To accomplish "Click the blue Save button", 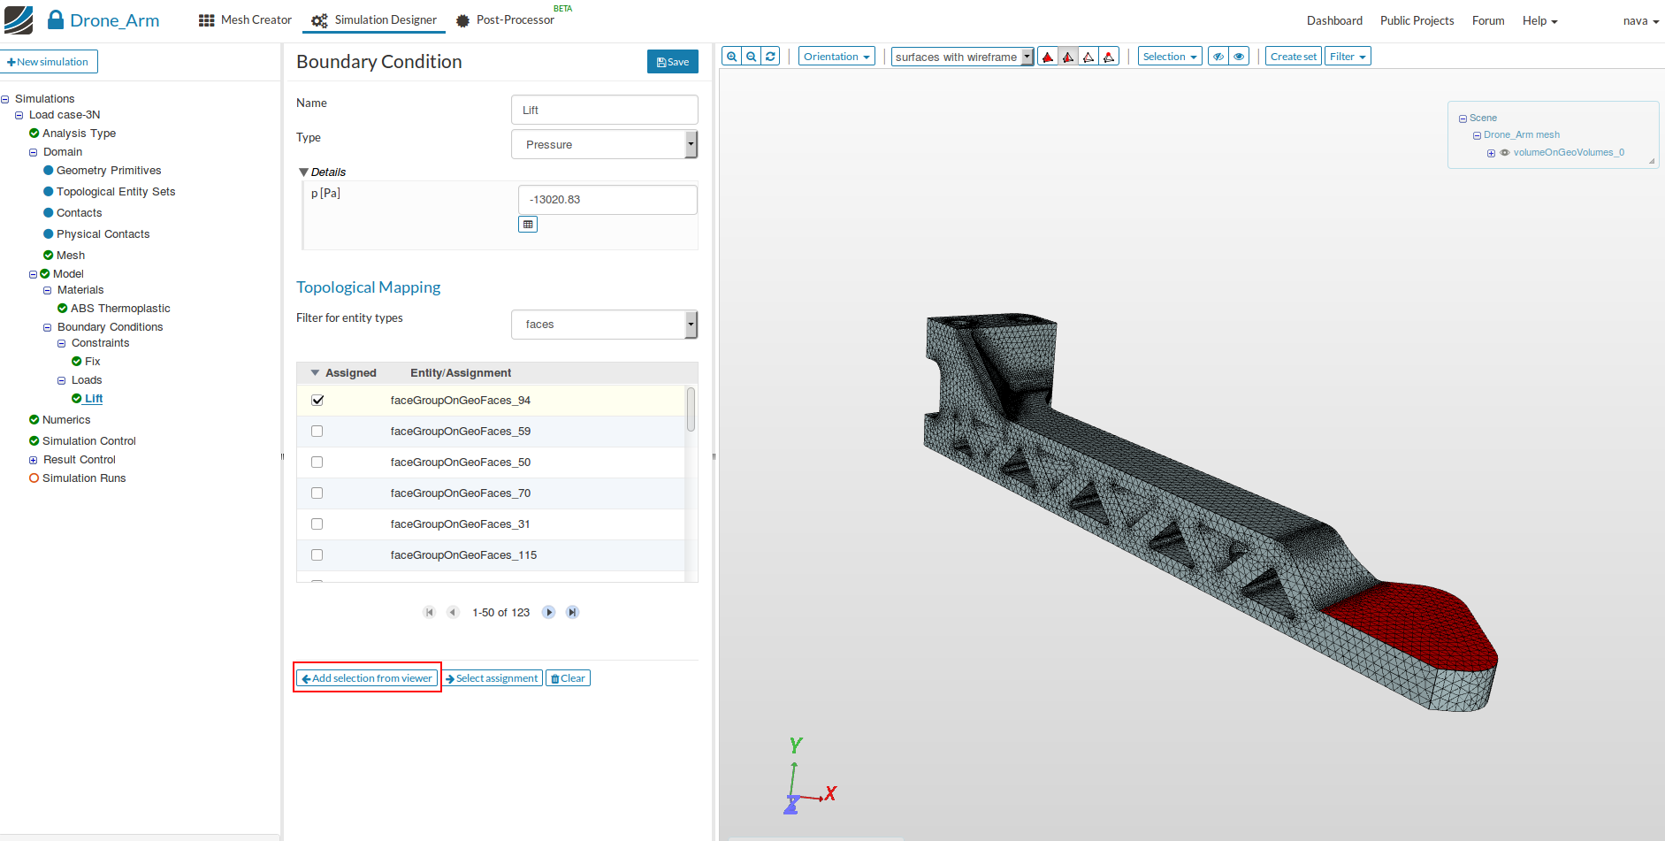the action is (673, 62).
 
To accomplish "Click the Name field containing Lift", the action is (605, 110).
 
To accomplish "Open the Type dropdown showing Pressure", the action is (605, 144).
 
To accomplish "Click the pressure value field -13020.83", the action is (607, 200).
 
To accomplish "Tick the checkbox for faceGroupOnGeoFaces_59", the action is (317, 432).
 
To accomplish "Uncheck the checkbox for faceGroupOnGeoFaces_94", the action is (317, 401).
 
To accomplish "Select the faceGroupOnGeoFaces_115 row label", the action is (463, 555).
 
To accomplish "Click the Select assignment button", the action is (493, 678).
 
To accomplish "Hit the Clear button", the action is (568, 678).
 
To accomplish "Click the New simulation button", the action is (49, 62).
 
